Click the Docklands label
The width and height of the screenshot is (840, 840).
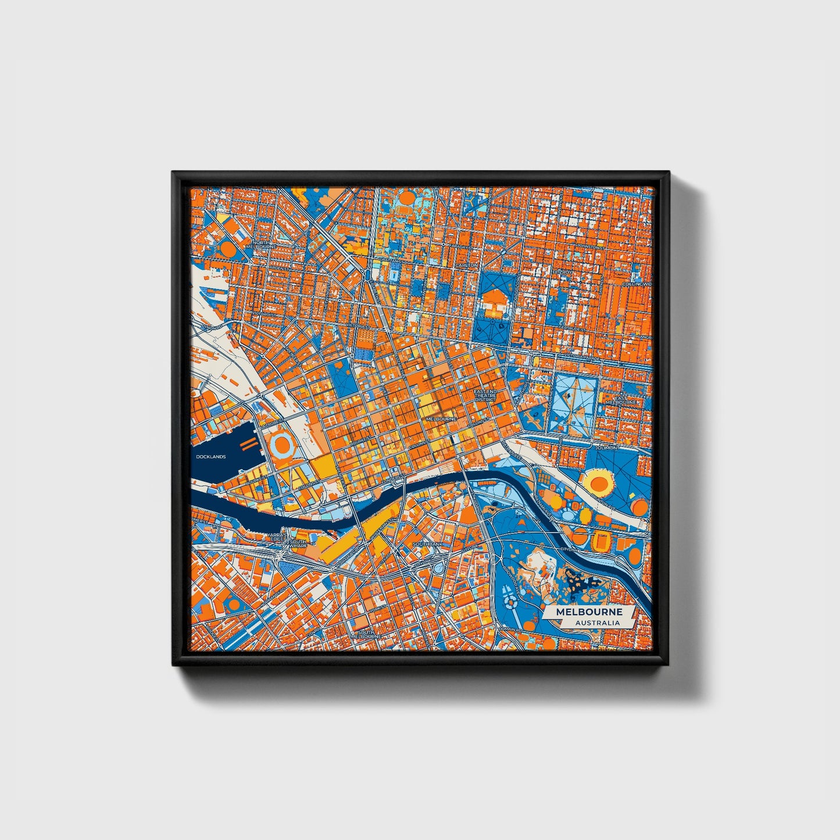(210, 457)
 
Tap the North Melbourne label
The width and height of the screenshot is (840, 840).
(263, 244)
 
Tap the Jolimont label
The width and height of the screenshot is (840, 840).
(607, 448)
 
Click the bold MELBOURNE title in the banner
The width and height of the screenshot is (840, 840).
(589, 612)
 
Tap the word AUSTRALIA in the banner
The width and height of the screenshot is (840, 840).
(597, 623)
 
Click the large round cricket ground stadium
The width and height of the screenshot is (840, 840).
(598, 481)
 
